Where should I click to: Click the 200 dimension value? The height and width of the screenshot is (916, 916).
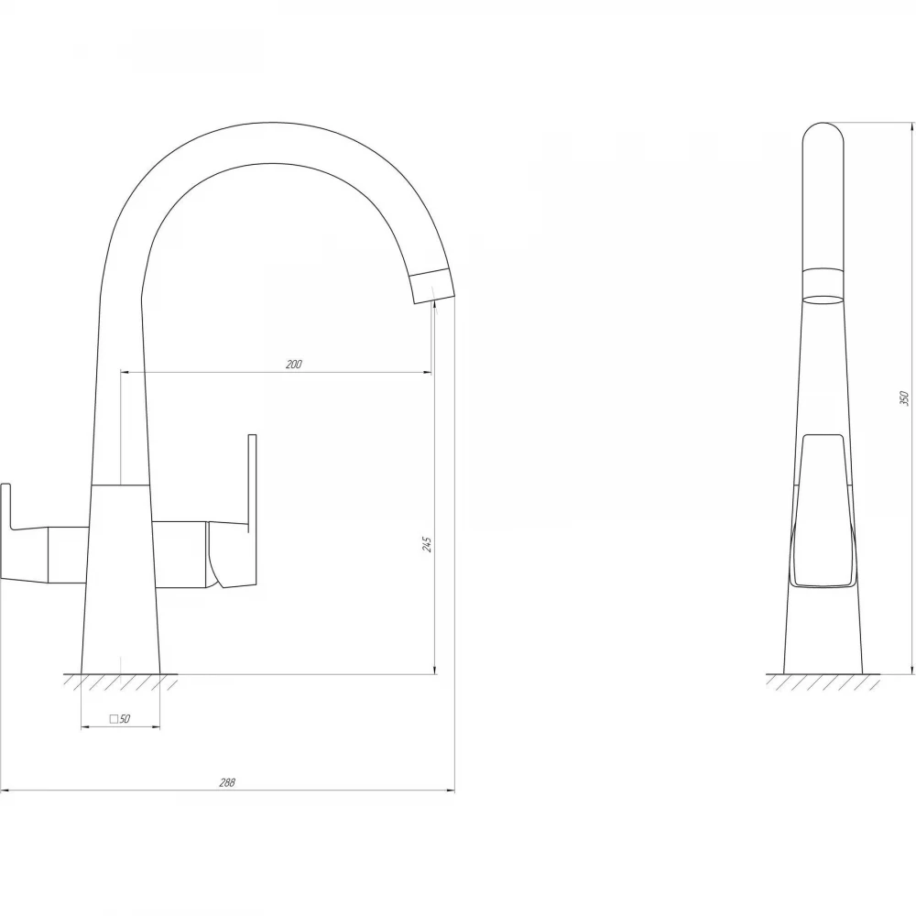coord(294,365)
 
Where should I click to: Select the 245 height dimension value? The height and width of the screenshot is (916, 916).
coord(428,544)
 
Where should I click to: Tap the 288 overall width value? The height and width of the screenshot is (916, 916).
coord(226,783)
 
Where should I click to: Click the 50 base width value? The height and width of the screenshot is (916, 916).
coord(125,719)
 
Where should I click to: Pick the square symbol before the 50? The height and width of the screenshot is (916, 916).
coord(114,719)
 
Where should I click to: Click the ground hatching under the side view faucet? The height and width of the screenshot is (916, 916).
coord(823,682)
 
